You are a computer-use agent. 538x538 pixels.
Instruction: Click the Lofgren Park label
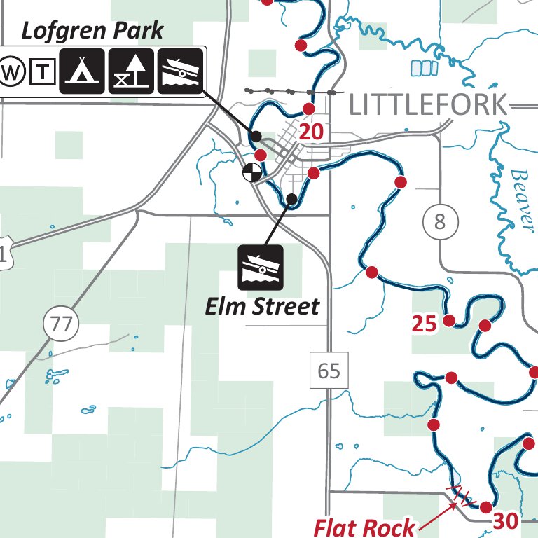tap(92, 30)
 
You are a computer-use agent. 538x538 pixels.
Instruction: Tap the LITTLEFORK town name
tap(427, 105)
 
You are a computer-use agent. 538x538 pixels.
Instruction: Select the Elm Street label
tap(262, 306)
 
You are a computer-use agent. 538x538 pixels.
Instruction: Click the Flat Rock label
tap(364, 527)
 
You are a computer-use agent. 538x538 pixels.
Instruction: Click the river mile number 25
tap(425, 324)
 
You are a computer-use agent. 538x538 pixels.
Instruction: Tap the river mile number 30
tap(505, 520)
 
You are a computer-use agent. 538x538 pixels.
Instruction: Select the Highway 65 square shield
tap(329, 370)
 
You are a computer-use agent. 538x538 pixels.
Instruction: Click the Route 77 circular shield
tap(62, 324)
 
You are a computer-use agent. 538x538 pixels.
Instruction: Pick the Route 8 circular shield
tap(440, 223)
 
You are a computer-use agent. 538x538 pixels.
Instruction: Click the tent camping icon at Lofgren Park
tap(82, 71)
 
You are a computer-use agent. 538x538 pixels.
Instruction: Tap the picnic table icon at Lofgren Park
tap(131, 71)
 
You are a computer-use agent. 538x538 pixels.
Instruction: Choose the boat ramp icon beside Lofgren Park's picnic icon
tap(181, 71)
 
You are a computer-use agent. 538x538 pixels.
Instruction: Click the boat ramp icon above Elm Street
tap(261, 267)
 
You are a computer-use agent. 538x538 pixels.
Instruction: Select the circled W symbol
tap(13, 71)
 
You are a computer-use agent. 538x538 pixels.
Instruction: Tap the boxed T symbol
tap(43, 71)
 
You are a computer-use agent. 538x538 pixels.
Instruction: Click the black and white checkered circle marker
tap(251, 172)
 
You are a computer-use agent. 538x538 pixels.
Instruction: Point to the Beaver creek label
tap(522, 198)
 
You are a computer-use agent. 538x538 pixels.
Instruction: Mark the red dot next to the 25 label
tap(450, 321)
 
